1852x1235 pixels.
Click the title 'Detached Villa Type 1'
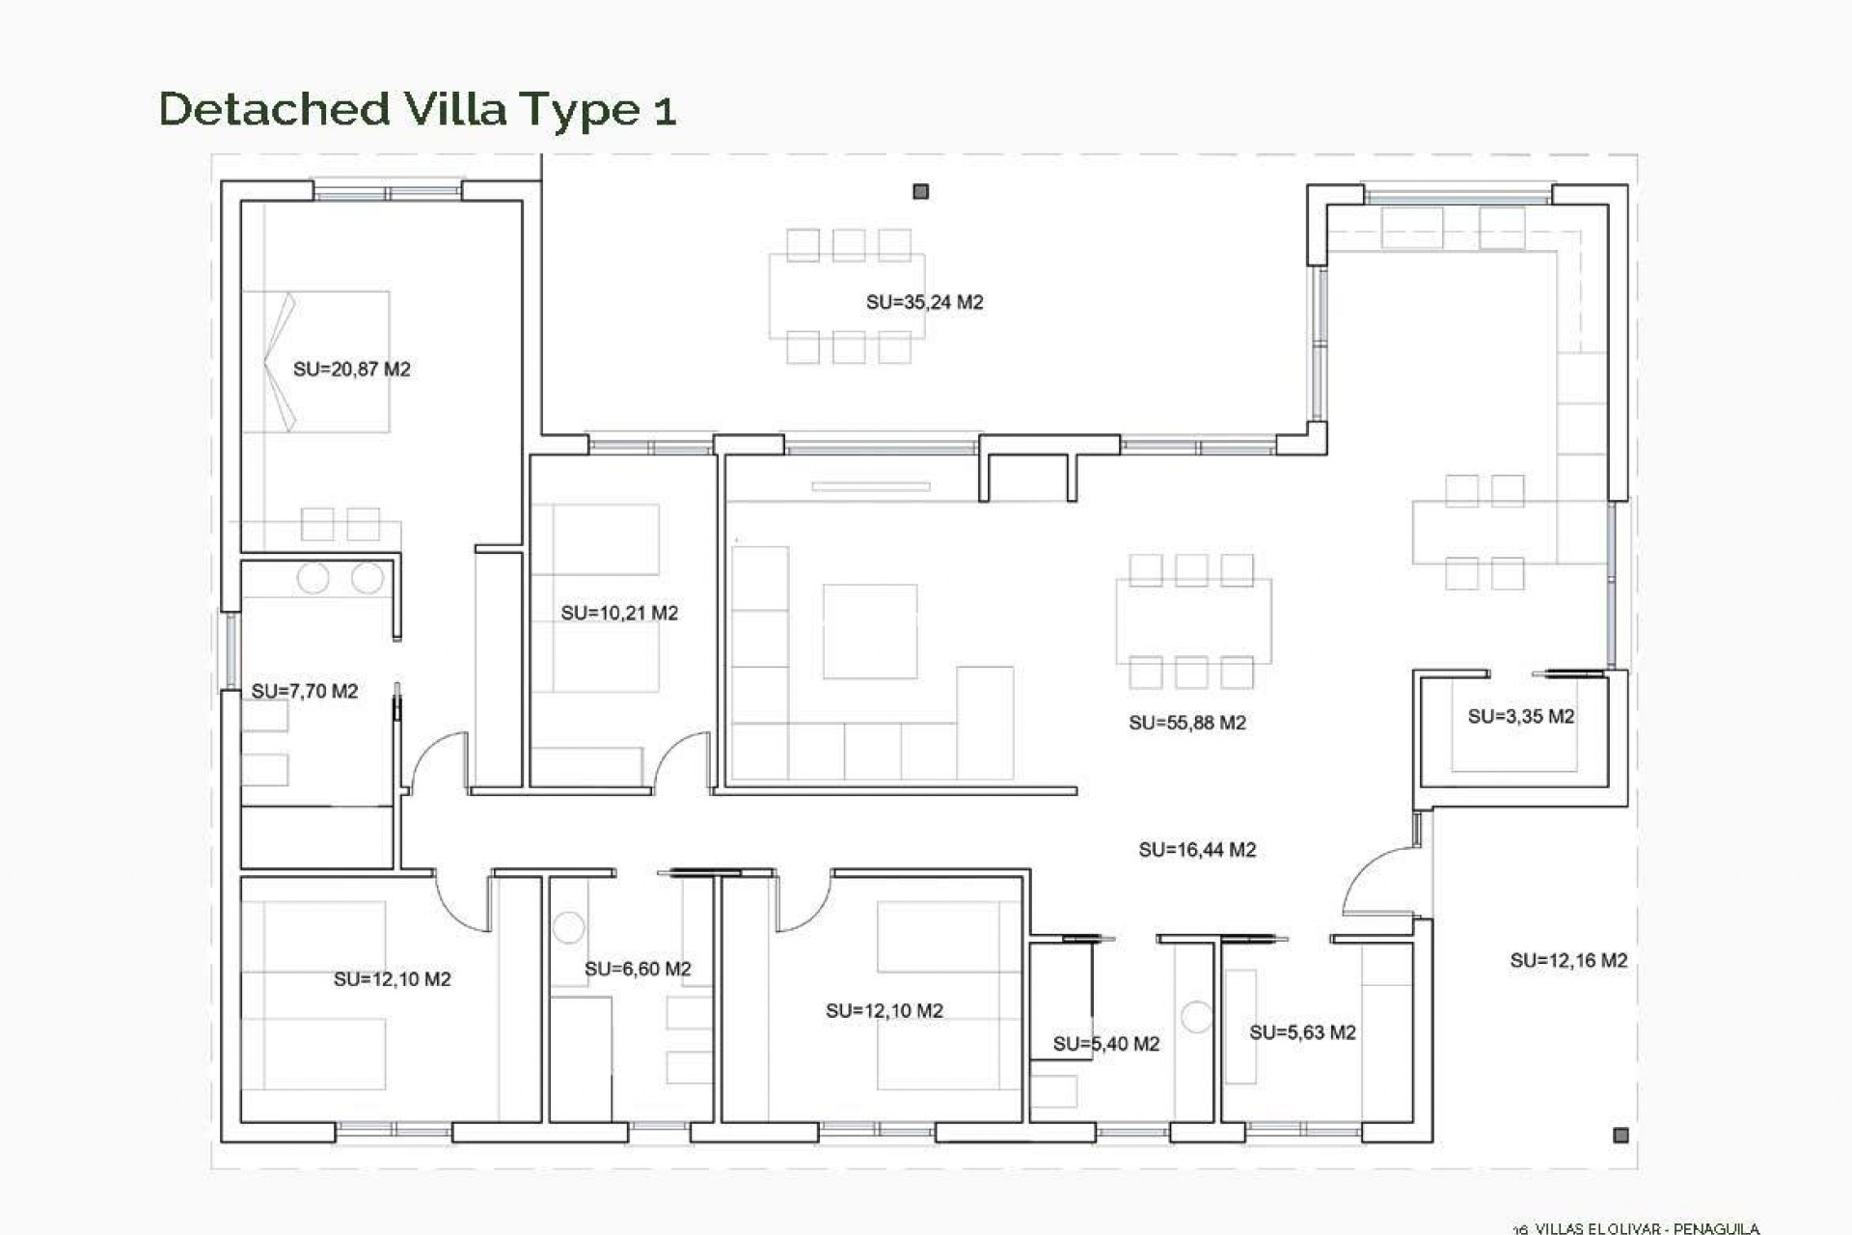(417, 109)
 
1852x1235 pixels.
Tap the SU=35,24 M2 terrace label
(924, 302)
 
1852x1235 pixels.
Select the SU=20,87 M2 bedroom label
(351, 369)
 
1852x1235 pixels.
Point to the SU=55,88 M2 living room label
(1186, 723)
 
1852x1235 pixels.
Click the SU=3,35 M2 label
(1520, 716)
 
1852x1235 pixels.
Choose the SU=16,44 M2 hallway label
(1196, 850)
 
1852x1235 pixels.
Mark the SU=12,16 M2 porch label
(1567, 960)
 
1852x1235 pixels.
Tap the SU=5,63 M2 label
(1302, 1032)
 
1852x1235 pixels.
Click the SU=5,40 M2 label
(1105, 1043)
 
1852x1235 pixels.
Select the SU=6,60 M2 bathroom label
(638, 969)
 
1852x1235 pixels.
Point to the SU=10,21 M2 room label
(619, 613)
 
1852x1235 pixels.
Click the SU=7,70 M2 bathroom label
(304, 691)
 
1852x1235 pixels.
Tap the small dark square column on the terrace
(920, 192)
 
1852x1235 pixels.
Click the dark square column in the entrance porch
(1620, 1135)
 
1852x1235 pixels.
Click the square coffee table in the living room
(869, 631)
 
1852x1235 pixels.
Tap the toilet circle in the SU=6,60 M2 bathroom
(568, 927)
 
